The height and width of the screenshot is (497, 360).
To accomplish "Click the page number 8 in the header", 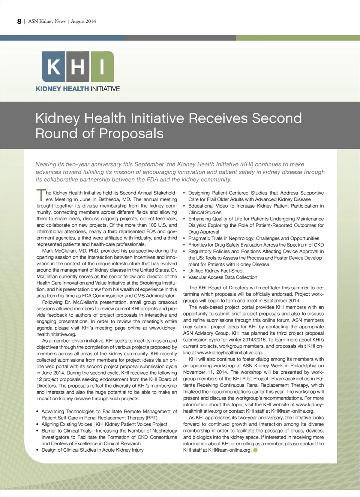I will click(x=19, y=21).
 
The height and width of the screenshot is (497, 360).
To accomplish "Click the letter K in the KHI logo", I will click(x=53, y=67).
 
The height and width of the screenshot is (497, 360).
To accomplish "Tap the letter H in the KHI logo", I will click(x=78, y=67).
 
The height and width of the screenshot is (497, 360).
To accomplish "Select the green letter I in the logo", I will click(x=102, y=67).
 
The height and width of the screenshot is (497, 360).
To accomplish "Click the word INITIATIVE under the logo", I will click(x=105, y=89).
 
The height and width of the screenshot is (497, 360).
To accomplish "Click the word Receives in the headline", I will click(x=218, y=118).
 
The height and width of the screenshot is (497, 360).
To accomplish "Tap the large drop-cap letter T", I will click(x=40, y=195).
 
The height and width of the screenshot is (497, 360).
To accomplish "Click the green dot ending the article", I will click(x=255, y=450).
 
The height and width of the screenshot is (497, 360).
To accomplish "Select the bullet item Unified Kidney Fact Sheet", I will click(x=216, y=271).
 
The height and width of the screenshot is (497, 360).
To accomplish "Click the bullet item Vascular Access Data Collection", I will click(x=223, y=277).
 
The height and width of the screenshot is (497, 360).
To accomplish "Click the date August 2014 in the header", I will click(x=83, y=21).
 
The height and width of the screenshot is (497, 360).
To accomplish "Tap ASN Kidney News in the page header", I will click(x=47, y=21).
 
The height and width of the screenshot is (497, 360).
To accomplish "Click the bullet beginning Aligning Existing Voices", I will click(x=104, y=424).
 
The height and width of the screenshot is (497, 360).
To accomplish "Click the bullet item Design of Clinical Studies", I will click(x=92, y=450).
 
